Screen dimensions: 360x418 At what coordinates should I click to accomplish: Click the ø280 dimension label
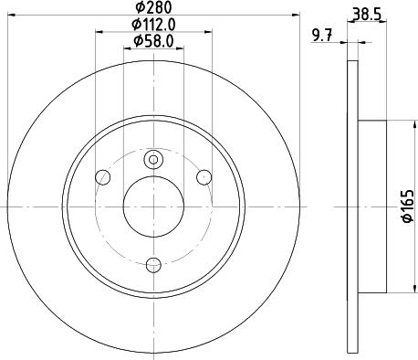[x=152, y=8]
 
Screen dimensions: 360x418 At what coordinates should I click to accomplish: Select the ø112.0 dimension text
[x=152, y=25]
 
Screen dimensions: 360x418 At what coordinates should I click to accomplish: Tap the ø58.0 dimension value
[x=152, y=41]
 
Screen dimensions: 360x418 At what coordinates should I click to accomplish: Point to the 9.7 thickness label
[x=321, y=37]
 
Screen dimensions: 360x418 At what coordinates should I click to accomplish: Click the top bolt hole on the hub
[x=152, y=161]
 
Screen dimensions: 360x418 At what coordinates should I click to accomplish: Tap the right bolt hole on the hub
[x=204, y=176]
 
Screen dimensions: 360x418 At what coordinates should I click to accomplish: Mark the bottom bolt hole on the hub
[x=152, y=264]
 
